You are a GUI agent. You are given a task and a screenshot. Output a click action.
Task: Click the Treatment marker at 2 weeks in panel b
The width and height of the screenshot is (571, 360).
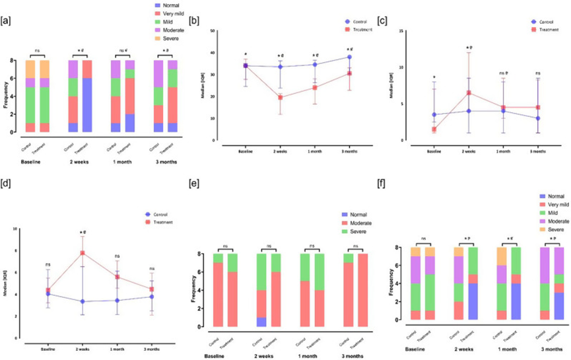[281, 98]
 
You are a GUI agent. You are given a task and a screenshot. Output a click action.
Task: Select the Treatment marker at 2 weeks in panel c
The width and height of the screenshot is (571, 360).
[469, 93]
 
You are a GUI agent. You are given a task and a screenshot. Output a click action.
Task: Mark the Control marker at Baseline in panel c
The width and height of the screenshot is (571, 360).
[433, 115]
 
